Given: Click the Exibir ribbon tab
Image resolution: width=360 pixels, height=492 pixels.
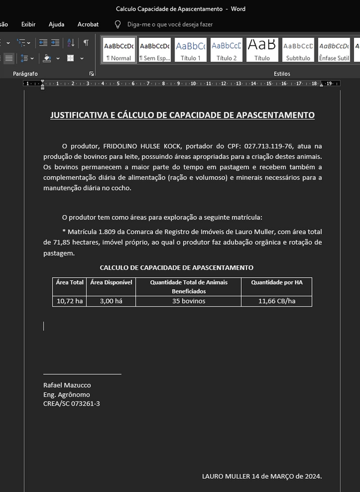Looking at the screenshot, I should pos(28,24).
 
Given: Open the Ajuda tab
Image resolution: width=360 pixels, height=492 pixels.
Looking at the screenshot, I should pos(56,24).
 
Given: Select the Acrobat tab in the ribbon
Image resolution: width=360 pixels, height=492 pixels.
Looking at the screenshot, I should pos(88,24).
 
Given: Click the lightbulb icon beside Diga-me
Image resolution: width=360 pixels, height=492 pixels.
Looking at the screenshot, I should pos(118,24).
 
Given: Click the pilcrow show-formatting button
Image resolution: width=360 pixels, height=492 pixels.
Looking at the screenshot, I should pos(86,43).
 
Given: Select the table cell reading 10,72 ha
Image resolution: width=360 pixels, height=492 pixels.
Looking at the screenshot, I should pos(70,301).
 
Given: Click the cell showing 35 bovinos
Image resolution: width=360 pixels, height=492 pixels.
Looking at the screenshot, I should pos(188,301).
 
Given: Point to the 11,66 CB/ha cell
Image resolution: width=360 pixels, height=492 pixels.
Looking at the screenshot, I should pos(277,301).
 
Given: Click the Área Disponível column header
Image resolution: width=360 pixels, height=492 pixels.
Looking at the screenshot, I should pos(111,282).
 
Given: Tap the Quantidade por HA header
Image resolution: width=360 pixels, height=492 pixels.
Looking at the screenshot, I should pos(277,282).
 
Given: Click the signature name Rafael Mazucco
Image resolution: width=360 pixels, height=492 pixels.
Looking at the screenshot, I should pos(67,385).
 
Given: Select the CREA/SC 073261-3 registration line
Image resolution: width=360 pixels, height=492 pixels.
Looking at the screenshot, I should pos(71,404).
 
